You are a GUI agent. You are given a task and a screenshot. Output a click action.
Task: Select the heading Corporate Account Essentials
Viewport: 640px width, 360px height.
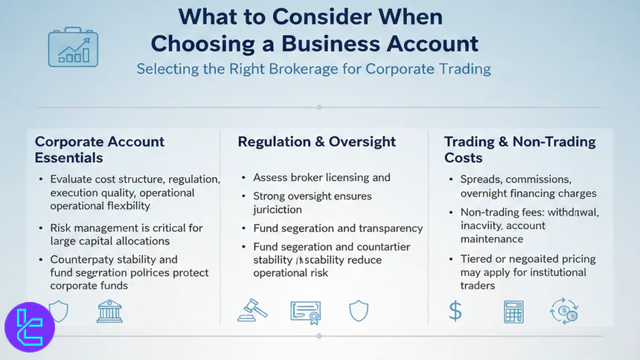100,150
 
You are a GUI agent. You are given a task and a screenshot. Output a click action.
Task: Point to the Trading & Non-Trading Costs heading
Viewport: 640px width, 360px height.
519,150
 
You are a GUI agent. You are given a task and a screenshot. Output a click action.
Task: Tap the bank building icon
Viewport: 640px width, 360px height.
109,311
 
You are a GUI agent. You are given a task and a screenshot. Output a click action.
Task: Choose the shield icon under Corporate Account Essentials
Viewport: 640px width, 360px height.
58,311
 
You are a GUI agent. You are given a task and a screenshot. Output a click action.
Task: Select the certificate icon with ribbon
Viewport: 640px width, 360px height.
305,311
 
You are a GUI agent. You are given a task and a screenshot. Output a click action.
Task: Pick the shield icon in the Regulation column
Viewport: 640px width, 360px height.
358,310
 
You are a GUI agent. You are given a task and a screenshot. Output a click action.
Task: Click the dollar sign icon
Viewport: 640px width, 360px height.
455,311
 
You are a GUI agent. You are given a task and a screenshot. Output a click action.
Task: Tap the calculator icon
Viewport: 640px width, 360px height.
513,311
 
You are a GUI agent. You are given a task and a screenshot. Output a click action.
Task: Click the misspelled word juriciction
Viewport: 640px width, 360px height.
278,210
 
